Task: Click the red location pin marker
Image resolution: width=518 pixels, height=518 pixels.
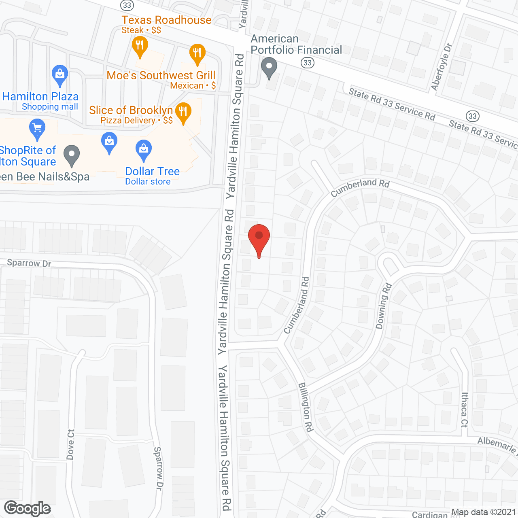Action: tap(259, 237)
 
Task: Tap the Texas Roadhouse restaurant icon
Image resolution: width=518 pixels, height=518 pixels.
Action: tap(140, 45)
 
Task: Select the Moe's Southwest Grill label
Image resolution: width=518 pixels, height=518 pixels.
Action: tap(161, 76)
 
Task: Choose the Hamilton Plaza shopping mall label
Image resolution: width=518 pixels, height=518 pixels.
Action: tap(40, 97)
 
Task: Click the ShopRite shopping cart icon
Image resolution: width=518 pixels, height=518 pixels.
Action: tap(37, 128)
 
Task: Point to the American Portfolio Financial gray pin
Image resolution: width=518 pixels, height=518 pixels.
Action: tap(269, 67)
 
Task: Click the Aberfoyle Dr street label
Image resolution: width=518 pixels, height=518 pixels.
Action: tap(441, 67)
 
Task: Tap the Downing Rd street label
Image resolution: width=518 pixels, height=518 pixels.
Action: tap(384, 306)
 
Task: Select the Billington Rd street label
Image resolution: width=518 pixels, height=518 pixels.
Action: tap(306, 407)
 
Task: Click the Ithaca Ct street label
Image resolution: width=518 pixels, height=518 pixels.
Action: tap(465, 410)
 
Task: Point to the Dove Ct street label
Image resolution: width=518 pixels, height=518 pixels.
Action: tap(70, 444)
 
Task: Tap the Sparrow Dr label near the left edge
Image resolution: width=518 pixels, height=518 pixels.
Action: tap(29, 263)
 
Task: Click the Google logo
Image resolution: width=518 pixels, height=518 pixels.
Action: tap(28, 508)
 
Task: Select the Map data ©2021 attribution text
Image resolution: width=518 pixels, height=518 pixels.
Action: tap(484, 512)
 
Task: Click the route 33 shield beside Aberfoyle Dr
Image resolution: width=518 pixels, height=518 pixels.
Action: tap(472, 116)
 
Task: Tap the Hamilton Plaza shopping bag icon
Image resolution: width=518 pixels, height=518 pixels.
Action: tap(60, 74)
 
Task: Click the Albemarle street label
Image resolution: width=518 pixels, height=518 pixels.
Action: tap(497, 445)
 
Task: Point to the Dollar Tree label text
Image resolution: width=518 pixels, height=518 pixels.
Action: tap(152, 172)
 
